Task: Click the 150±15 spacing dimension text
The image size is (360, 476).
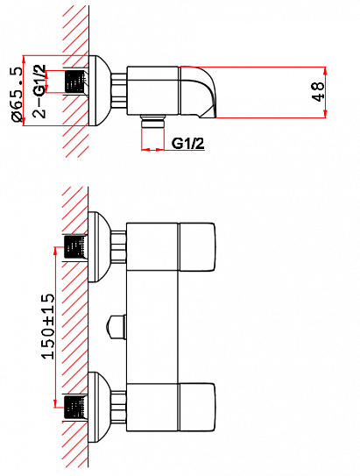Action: coord(49,324)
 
